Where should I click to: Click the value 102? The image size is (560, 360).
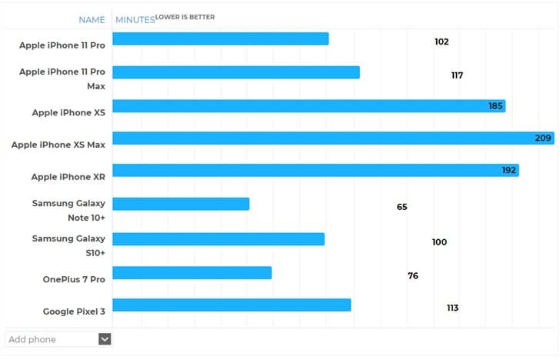coord(442,42)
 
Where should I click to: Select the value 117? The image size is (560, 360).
coord(457,75)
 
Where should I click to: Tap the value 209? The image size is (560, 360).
coord(543,138)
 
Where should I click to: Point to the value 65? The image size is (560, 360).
coord(402,207)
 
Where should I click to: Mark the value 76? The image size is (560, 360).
coord(413,275)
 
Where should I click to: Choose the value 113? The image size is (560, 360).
coord(452,308)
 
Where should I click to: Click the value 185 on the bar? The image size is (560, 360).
coord(495,106)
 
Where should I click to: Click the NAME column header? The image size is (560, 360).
coord(92,19)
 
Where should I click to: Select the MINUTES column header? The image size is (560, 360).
coord(135,19)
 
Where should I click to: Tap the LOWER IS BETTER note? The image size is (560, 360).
coord(185,16)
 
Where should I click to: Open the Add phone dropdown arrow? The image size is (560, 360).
coord(105,339)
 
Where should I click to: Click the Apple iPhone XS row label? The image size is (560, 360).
coord(68,112)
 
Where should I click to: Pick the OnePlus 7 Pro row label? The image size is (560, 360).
coord(74,278)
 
